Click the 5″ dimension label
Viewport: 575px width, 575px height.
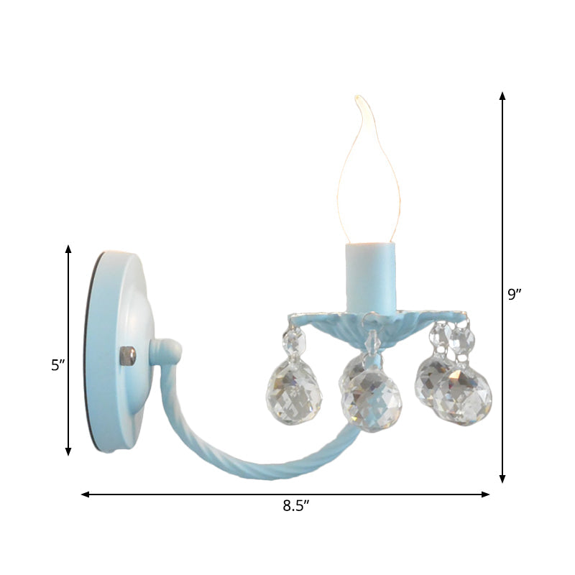pos(57,365)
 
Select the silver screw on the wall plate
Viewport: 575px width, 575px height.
pos(129,355)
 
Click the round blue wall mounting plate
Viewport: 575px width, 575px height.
pos(115,352)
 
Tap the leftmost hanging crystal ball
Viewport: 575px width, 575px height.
pos(295,392)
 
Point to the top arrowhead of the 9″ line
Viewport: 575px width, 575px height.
pos(502,96)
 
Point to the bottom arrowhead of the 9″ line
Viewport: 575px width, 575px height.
pos(502,478)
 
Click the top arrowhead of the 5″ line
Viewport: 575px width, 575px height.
pos(68,249)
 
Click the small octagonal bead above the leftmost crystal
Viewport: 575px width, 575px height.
pos(293,338)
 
